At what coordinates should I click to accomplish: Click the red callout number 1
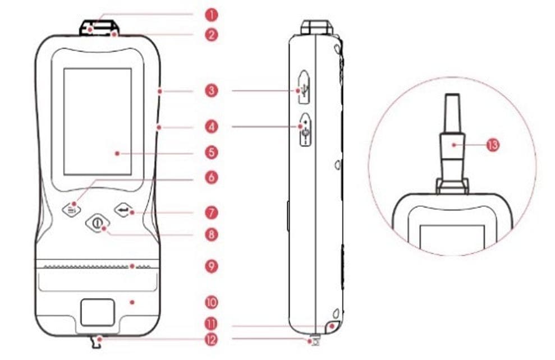[x=212, y=15]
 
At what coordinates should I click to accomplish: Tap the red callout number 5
[x=212, y=153]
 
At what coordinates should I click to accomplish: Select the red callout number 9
[x=212, y=266]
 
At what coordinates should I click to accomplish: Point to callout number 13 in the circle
[x=492, y=145]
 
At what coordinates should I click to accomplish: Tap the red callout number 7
[x=212, y=213]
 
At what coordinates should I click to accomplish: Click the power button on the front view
[x=98, y=223]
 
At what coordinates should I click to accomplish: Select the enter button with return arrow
[x=124, y=210]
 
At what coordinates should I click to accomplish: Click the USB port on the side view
[x=304, y=87]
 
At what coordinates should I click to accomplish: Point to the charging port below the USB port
[x=305, y=130]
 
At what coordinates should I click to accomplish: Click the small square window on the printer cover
[x=98, y=312]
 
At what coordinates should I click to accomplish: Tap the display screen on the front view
[x=98, y=122]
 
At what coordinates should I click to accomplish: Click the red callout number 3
[x=212, y=90]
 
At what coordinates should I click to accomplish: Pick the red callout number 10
[x=212, y=302]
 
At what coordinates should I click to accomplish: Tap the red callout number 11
[x=212, y=324]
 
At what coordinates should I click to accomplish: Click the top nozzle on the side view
[x=317, y=27]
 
